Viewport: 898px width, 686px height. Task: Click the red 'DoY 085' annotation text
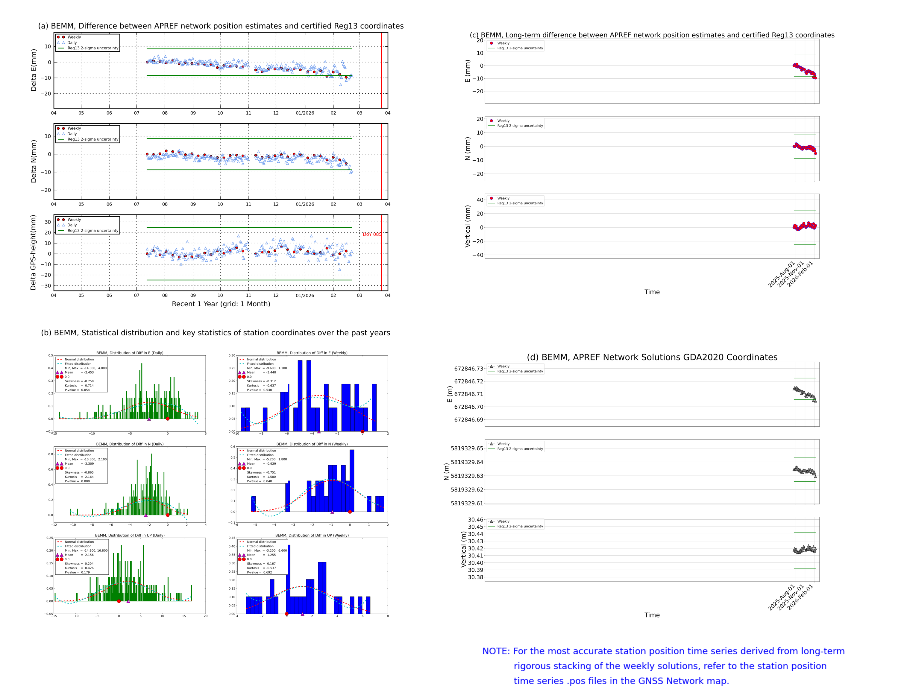click(x=372, y=234)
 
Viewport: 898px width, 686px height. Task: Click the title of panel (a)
click(x=221, y=26)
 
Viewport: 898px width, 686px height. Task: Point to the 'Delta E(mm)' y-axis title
click(x=34, y=70)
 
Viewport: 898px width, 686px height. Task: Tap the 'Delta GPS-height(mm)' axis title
click(x=34, y=252)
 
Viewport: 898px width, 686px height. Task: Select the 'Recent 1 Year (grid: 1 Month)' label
click(x=221, y=304)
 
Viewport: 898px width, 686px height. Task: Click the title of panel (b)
click(x=215, y=333)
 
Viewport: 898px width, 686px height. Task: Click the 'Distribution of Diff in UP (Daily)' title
click(x=130, y=535)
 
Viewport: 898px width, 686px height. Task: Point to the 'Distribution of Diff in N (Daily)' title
click(x=130, y=444)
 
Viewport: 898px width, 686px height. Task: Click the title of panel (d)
click(x=652, y=357)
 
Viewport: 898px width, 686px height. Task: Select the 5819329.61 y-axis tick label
click(x=467, y=504)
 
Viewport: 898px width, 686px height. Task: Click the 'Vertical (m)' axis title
click(x=463, y=549)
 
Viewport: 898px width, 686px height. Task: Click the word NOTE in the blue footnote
click(x=496, y=651)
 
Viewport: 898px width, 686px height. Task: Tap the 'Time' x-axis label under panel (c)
click(x=652, y=292)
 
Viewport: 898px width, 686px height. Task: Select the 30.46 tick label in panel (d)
click(x=476, y=520)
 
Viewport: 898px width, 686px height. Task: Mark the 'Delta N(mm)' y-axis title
click(x=34, y=161)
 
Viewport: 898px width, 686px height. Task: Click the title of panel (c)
click(x=652, y=35)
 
